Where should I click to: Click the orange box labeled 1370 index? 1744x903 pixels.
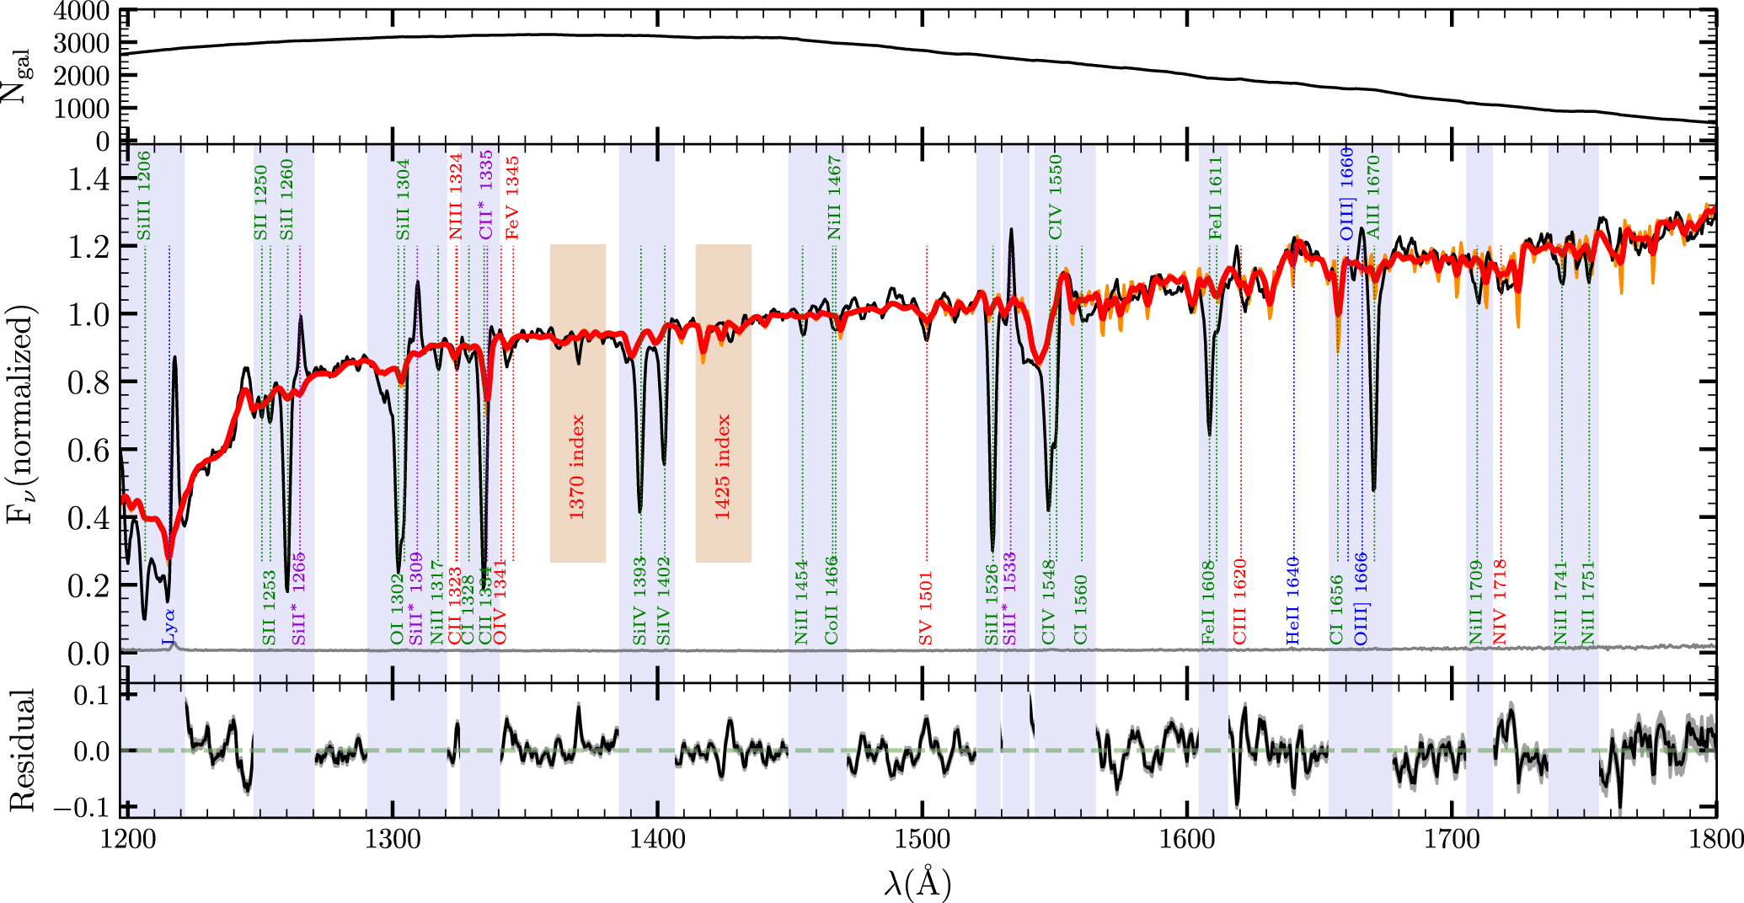tap(577, 403)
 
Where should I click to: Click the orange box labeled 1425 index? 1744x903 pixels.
tap(723, 403)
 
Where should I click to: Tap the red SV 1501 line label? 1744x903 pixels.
tap(926, 608)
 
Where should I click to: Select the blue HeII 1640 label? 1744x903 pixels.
tap(1293, 601)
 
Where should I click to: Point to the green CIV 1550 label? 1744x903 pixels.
tap(1055, 196)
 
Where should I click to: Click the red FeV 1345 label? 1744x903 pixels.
tap(512, 197)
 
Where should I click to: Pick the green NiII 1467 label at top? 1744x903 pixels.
tap(834, 196)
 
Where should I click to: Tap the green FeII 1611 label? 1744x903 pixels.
tap(1215, 197)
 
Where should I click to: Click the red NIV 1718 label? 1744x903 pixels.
tap(1500, 601)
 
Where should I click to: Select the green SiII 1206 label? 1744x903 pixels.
tap(144, 195)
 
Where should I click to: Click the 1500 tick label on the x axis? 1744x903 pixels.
tap(923, 840)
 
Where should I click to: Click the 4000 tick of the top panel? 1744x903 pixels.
tap(81, 12)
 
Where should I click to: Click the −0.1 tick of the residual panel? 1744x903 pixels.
tap(80, 807)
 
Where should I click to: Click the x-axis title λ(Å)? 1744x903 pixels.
tap(917, 882)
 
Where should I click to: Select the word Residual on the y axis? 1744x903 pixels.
tap(22, 750)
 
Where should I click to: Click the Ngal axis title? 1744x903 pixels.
tap(17, 76)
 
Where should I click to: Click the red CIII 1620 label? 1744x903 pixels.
tap(1239, 601)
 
